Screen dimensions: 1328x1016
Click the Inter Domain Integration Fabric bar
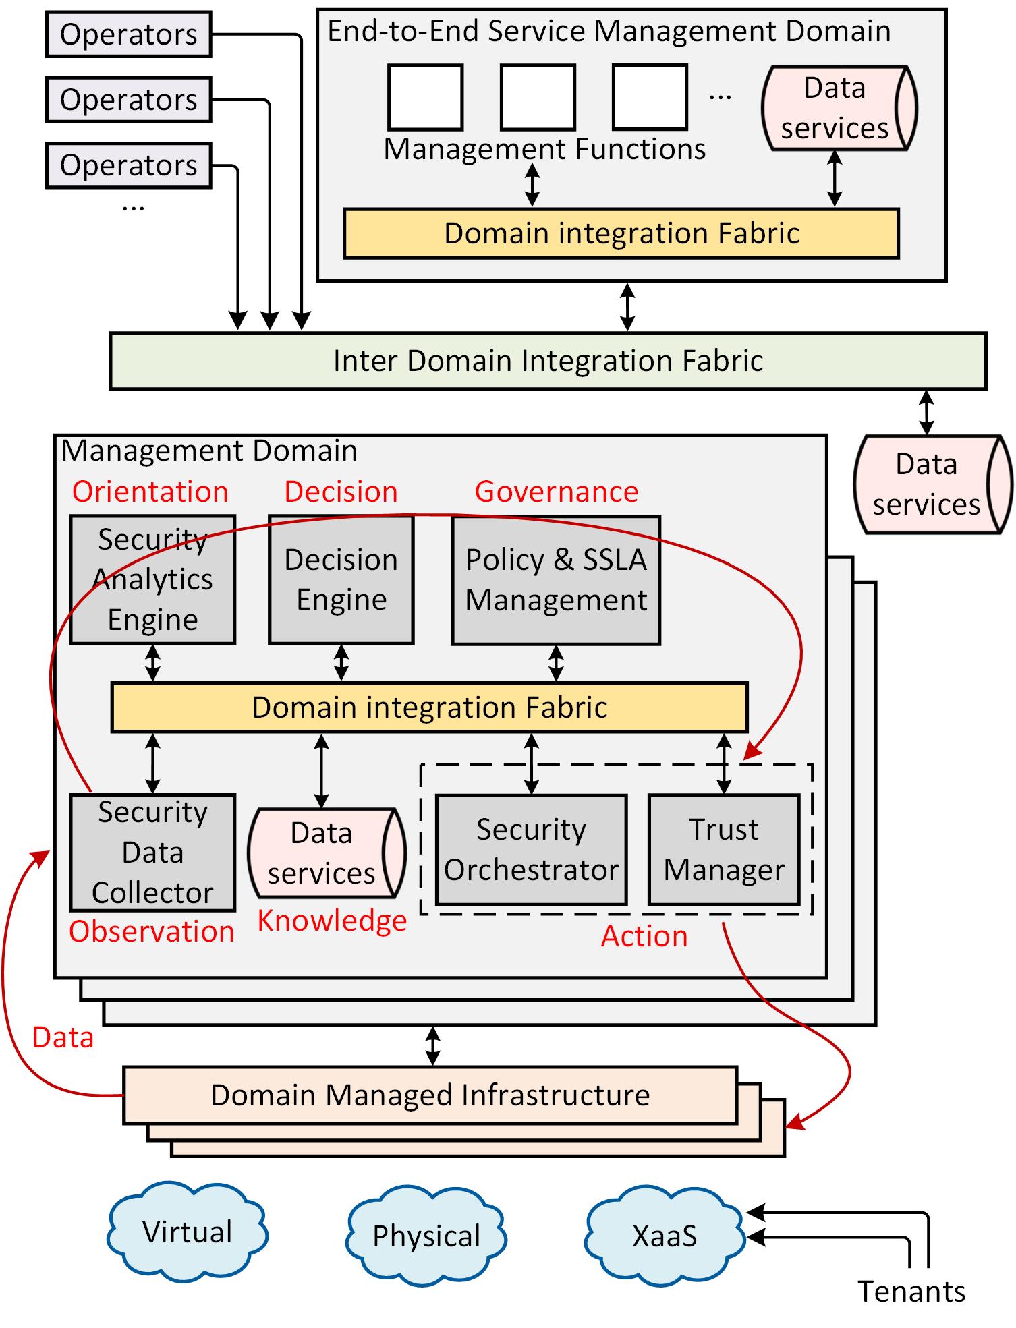coord(548,361)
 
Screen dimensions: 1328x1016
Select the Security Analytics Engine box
coord(152,580)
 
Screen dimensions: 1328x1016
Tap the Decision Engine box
coord(341,580)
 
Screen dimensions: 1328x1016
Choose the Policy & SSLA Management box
coord(556,580)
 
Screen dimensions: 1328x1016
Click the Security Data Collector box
coord(152,853)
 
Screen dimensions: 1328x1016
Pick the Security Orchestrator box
coord(531,850)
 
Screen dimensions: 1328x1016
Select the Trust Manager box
coord(724,850)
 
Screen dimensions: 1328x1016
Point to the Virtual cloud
coord(188,1232)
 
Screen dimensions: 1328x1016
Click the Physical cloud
coord(426,1236)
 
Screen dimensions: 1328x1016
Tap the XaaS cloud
coord(665,1236)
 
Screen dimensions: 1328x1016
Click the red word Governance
coord(557,492)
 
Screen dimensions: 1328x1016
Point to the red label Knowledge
coord(332,921)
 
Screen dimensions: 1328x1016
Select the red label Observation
coord(152,931)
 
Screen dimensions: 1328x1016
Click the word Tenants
coord(911,1292)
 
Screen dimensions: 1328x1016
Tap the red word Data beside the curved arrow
coord(63,1037)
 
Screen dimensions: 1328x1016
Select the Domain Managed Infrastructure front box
coord(430,1095)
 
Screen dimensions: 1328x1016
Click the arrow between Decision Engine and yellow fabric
coord(341,663)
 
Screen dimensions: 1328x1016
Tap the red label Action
coord(644,936)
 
